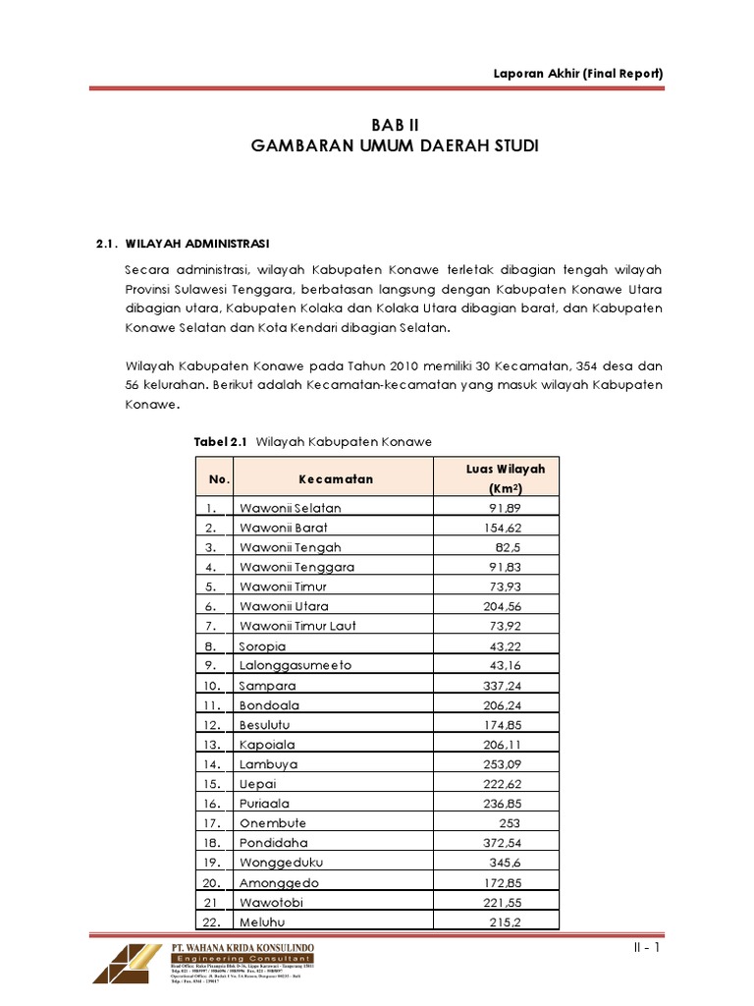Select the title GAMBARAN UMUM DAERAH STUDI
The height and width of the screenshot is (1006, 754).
[395, 146]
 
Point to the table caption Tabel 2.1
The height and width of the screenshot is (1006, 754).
[222, 442]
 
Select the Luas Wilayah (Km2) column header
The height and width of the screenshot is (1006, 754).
[506, 478]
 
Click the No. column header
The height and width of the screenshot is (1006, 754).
[219, 478]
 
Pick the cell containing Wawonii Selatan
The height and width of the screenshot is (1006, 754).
[291, 508]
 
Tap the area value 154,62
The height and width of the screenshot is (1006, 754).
[507, 528]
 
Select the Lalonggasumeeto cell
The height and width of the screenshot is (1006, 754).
[296, 665]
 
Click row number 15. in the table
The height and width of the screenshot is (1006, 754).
[212, 783]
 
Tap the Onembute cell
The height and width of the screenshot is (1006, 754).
[274, 822]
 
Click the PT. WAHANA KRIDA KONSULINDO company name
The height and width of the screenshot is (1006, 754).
[243, 948]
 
